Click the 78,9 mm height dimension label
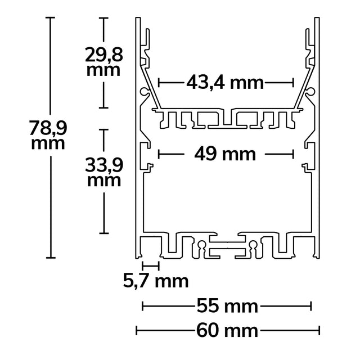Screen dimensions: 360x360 (48, 136)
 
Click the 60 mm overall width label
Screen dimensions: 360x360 (228, 330)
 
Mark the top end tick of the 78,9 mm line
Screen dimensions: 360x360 (51, 18)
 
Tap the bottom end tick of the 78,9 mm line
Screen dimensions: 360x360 (51, 257)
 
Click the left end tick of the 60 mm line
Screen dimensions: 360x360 (136, 330)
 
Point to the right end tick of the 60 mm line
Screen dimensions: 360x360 (319, 330)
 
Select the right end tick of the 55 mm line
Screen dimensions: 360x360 (310, 307)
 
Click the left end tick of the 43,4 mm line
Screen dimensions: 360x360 (159, 83)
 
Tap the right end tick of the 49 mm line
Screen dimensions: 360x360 (294, 153)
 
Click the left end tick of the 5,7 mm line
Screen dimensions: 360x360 (143, 264)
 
